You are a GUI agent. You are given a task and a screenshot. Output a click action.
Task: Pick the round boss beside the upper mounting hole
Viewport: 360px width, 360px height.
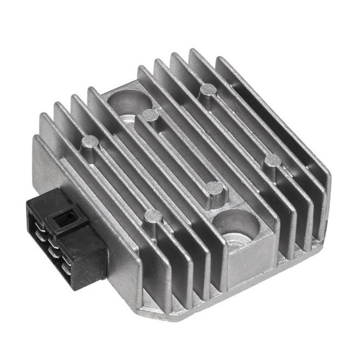point(152,115)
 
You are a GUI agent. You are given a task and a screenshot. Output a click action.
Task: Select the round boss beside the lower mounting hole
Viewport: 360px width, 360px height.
point(215,188)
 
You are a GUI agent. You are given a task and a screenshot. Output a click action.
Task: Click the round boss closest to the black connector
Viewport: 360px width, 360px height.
point(153,216)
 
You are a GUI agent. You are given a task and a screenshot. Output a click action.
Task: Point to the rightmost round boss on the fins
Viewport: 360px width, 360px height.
point(273,160)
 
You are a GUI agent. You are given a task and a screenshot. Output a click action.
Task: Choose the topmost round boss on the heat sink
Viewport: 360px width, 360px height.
point(208,89)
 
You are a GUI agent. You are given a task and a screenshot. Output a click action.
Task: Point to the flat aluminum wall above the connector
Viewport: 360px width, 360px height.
point(46,172)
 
